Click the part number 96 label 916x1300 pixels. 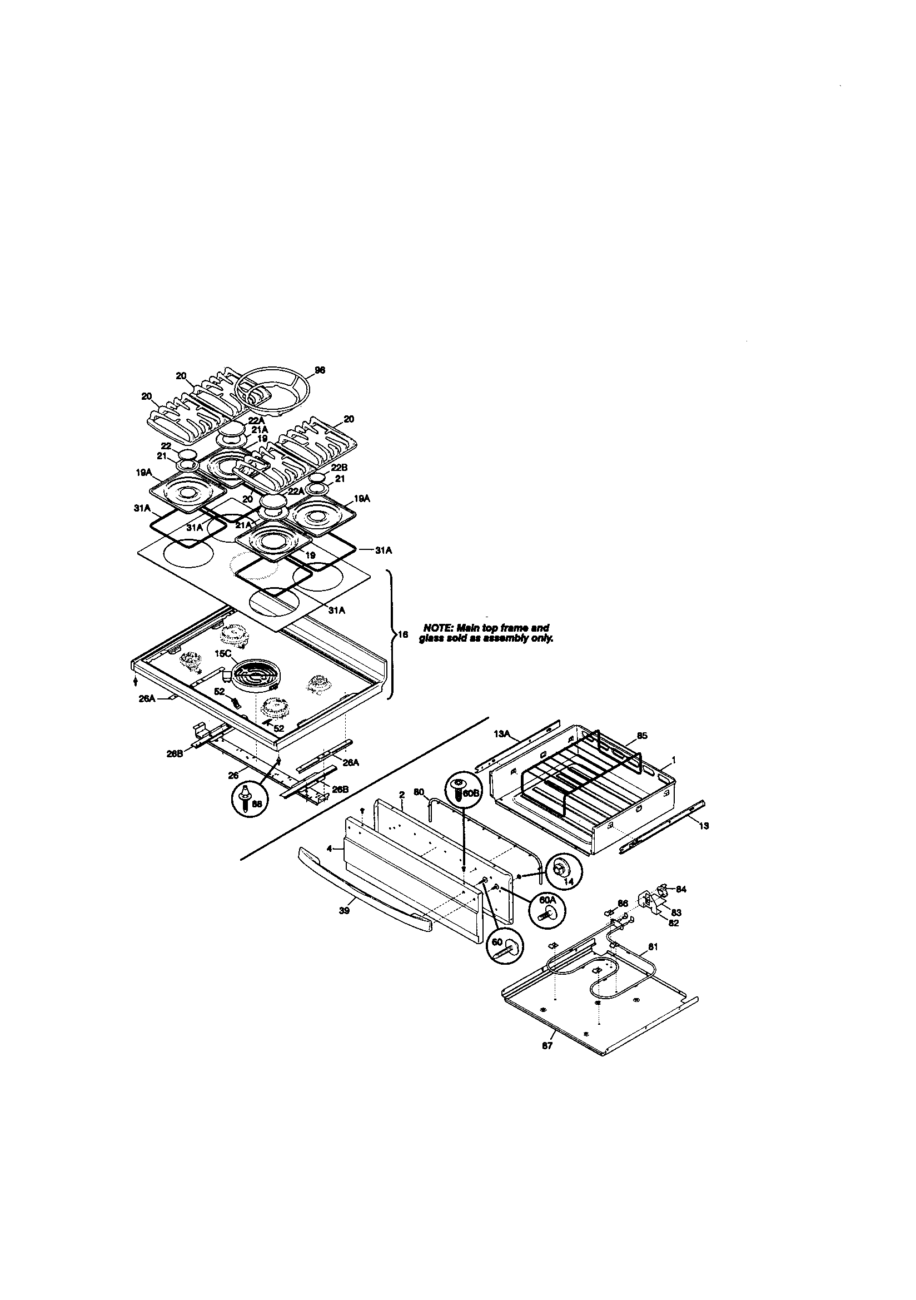320,370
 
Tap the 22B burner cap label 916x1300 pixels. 339,468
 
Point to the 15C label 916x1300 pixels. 223,653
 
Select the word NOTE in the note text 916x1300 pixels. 436,628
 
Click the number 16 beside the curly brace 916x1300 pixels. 402,635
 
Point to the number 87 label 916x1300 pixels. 547,1046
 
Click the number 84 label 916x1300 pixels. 681,890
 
